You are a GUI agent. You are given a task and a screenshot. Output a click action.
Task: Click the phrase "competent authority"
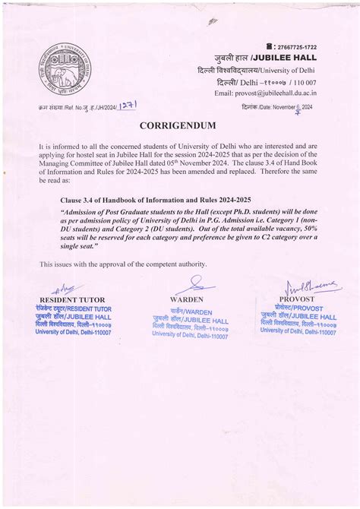pos(175,264)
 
